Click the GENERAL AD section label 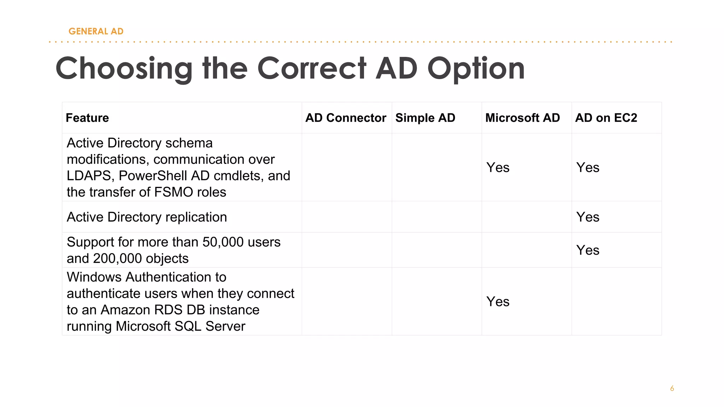(96, 31)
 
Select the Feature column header (87, 118)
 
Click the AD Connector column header (345, 118)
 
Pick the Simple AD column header (425, 118)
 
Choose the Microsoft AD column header (522, 118)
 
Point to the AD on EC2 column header (606, 118)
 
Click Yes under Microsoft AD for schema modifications (498, 167)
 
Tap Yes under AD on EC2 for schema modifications (588, 167)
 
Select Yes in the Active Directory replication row (588, 217)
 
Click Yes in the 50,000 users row (588, 250)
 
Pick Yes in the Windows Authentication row (498, 302)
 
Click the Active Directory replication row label (147, 217)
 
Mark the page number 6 (672, 389)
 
